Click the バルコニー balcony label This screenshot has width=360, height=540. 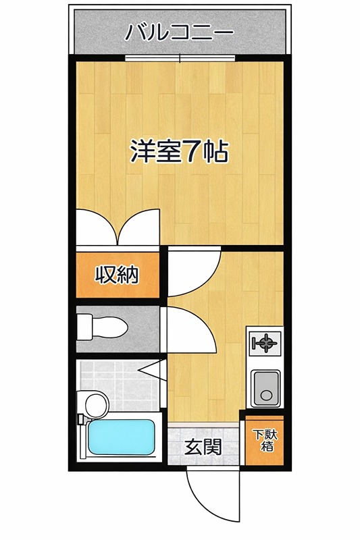pos(180,32)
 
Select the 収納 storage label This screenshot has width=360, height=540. pos(116,275)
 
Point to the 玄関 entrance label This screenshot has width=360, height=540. pos(202,446)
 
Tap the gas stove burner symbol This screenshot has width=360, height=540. pos(264,344)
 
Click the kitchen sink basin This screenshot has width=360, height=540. pos(264,389)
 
